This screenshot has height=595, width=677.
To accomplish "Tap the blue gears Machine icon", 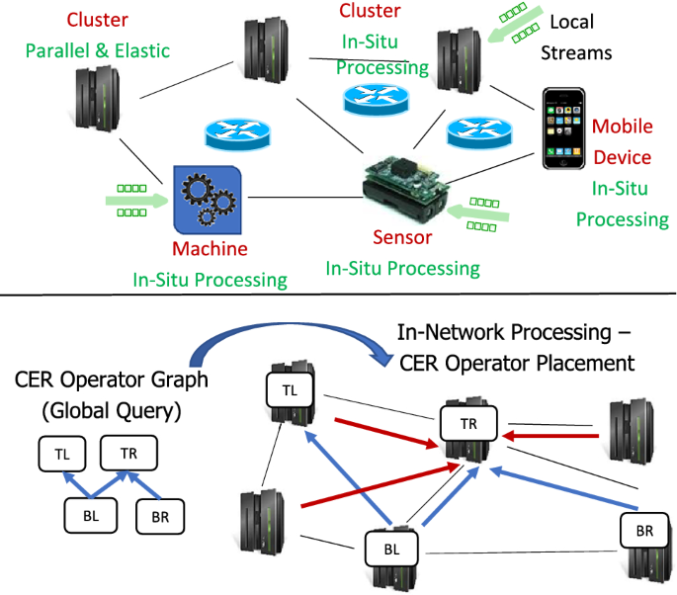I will [x=207, y=199].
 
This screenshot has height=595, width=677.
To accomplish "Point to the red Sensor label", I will [x=402, y=237].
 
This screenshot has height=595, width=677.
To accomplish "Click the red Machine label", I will [x=210, y=249].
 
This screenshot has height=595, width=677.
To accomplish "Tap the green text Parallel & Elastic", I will [x=98, y=50].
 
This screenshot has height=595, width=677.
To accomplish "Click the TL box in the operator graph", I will [x=61, y=454].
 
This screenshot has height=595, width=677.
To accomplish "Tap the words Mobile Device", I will [x=622, y=142].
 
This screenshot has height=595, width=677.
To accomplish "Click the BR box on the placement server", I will [x=644, y=532].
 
